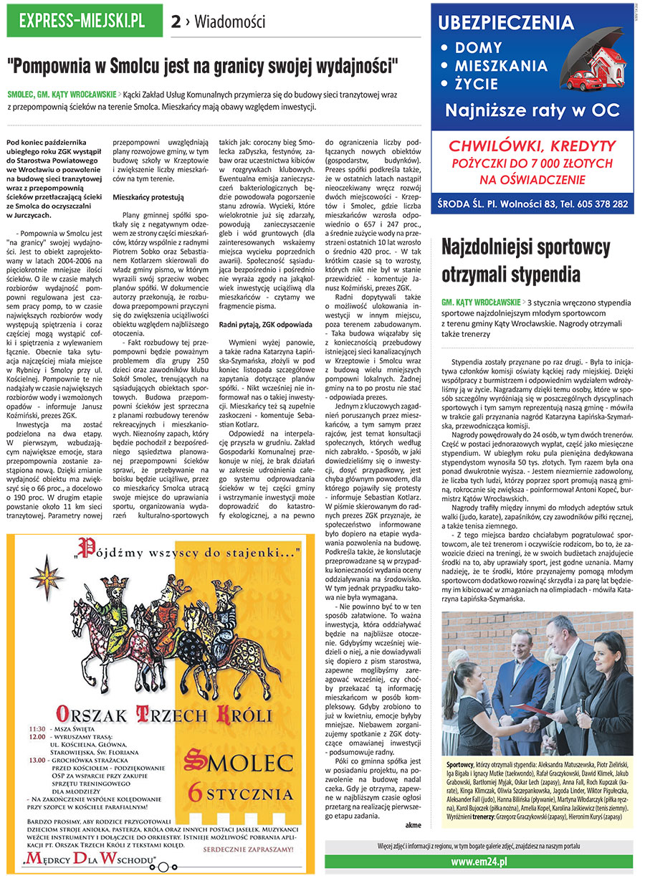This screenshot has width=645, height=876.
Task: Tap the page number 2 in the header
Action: point(175,22)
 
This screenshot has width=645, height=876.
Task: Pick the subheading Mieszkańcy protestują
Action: point(148,196)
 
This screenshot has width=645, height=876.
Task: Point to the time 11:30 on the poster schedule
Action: point(37,728)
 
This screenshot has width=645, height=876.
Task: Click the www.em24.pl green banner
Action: point(479,861)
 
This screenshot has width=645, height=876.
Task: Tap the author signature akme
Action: point(413,824)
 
